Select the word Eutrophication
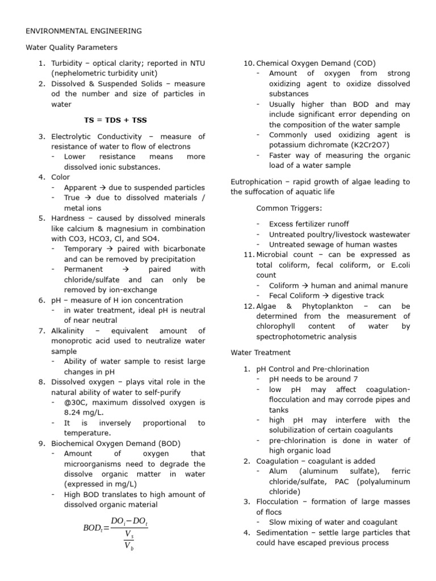click(x=256, y=182)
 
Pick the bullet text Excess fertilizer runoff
click(x=309, y=224)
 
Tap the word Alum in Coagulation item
click(x=278, y=471)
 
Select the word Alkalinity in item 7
click(x=68, y=331)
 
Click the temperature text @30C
click(x=77, y=402)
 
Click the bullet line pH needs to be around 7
click(x=313, y=378)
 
